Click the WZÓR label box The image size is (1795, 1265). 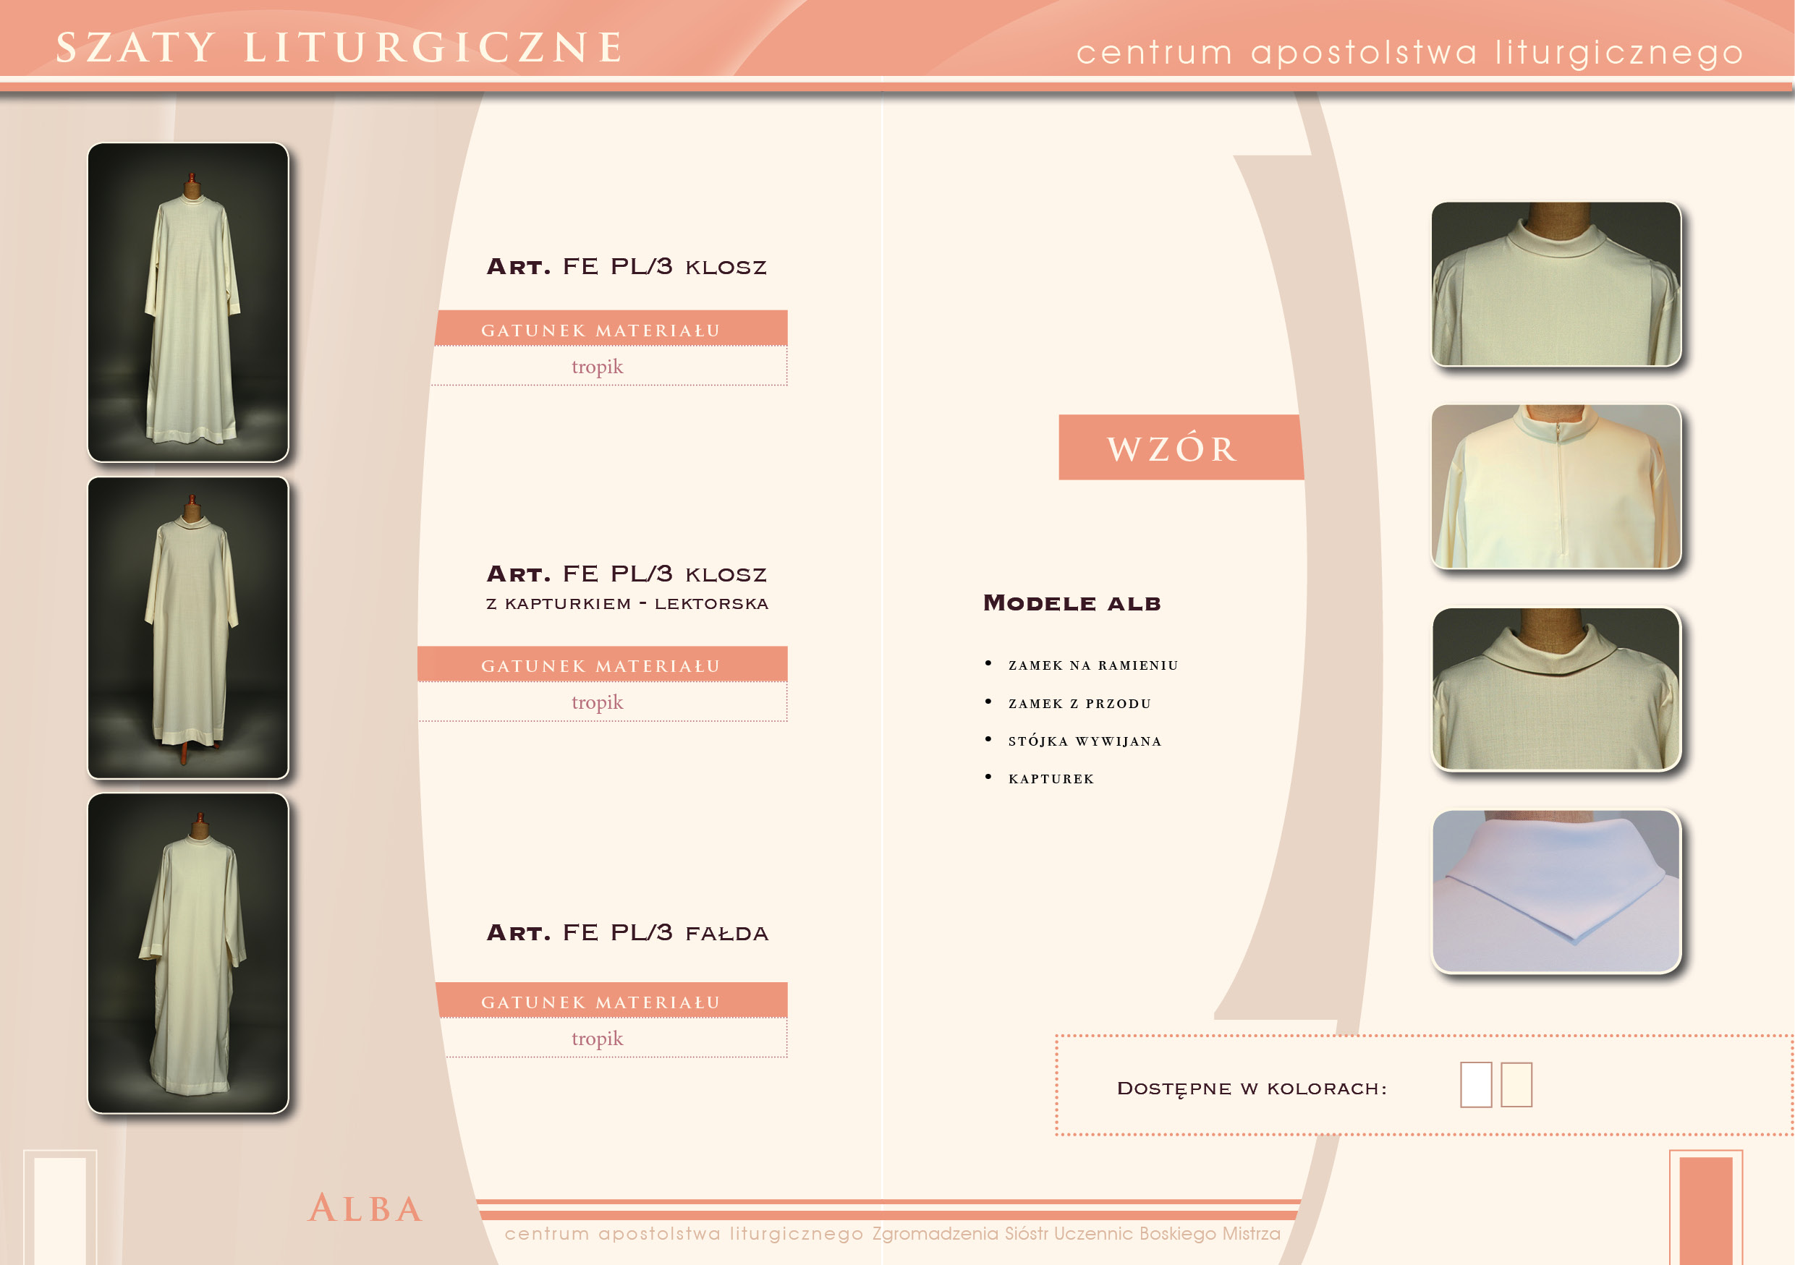coord(1181,447)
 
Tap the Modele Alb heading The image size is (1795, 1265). coord(1072,602)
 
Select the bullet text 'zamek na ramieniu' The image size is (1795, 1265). coord(1093,665)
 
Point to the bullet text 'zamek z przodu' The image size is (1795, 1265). coord(1079,703)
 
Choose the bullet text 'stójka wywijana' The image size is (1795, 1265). coord(1085,741)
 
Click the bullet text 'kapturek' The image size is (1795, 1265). coord(1051,778)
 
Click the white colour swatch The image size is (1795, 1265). coord(1476,1084)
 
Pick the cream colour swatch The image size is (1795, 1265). coord(1516,1084)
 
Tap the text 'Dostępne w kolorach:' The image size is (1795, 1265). coord(1252,1089)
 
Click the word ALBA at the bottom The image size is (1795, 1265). coord(366,1208)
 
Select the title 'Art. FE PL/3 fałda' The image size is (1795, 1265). coord(627,932)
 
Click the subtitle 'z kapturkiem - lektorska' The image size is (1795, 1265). coord(627,603)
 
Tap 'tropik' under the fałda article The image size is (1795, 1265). coord(598,1039)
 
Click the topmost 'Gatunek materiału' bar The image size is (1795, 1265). coord(611,329)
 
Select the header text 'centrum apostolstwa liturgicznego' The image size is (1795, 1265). coord(1409,52)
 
